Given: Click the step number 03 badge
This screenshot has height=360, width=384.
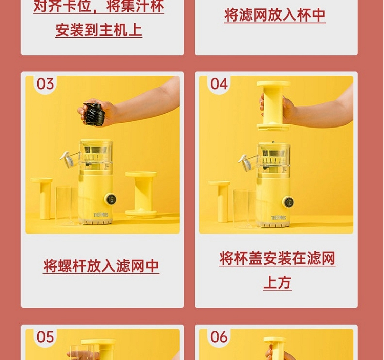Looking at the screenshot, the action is [45, 84].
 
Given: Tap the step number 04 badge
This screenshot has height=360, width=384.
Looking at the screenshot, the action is [219, 84].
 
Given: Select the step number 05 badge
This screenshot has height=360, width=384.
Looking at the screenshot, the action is [45, 337].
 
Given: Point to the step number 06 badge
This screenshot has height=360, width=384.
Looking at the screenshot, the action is [219, 337].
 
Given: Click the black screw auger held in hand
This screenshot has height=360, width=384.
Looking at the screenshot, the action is [94, 114].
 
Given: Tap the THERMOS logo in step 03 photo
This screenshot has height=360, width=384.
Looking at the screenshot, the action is [101, 215].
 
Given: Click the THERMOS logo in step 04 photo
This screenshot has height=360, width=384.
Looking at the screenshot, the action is [279, 218].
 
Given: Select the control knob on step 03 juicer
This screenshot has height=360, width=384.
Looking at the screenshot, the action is [110, 199].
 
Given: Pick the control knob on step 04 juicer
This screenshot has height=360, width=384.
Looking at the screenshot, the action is [288, 202].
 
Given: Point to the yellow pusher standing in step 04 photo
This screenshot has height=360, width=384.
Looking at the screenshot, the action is [220, 201].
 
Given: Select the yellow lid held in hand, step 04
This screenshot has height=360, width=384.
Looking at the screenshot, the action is [273, 106].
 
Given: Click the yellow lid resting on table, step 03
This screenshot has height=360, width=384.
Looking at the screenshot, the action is [141, 195].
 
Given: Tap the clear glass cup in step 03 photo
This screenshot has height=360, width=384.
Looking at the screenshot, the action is [65, 206].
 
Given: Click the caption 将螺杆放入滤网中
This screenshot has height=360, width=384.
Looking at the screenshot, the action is [101, 266].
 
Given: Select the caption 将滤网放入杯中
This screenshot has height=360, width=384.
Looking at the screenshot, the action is [275, 15].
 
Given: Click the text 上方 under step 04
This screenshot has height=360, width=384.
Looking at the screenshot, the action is [277, 283].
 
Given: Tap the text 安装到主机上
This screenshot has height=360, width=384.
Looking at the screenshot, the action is [99, 30].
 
